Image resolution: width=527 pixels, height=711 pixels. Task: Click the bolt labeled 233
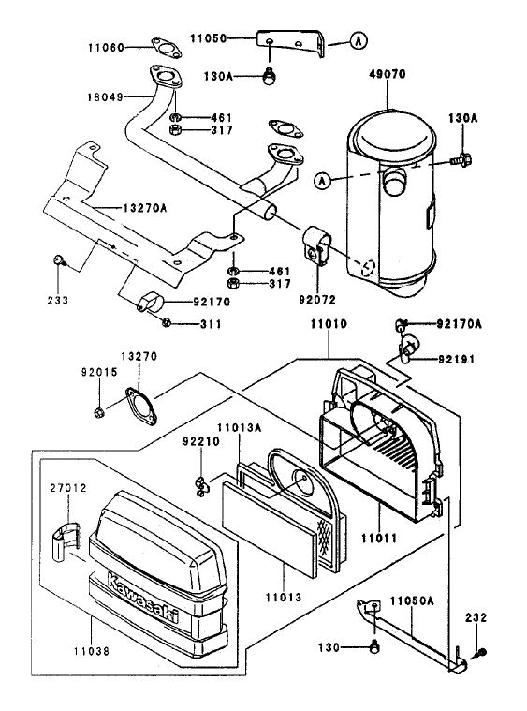click(x=58, y=259)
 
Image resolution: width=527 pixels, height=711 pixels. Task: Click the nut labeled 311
click(x=165, y=323)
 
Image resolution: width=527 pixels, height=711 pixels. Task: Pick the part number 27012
click(x=67, y=488)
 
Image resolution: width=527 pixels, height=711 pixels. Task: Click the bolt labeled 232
click(x=480, y=651)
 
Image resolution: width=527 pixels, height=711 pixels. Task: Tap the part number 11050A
click(x=408, y=598)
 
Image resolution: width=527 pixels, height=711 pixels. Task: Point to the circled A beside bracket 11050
click(x=358, y=40)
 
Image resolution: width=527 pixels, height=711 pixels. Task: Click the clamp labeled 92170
click(x=147, y=304)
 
